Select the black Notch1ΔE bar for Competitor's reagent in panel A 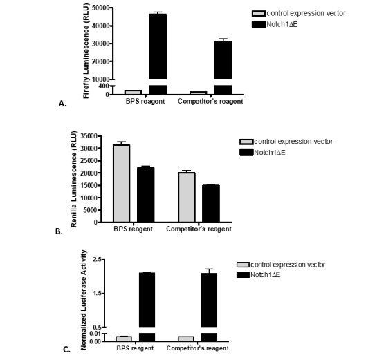pyautogui.click(x=223, y=62)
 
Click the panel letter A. pyautogui.click(x=62, y=104)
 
